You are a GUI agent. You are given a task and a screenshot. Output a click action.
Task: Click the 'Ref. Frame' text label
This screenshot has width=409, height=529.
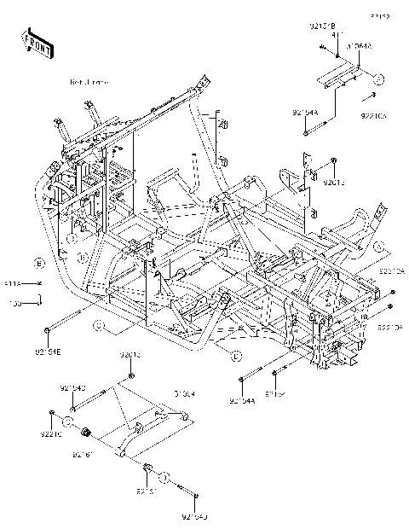point(89,82)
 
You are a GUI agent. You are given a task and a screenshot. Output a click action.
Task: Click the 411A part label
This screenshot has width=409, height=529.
point(14,282)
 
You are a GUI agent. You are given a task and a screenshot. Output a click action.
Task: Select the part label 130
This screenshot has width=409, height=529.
point(14,302)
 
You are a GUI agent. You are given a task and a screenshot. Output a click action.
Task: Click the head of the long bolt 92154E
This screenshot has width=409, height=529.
point(44,328)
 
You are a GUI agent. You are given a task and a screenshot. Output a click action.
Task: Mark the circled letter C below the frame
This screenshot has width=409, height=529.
point(98,324)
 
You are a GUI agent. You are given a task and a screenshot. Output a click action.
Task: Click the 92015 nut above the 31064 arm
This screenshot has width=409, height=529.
point(130,375)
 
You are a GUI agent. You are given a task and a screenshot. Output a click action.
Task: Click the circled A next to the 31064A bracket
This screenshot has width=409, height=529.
point(380,78)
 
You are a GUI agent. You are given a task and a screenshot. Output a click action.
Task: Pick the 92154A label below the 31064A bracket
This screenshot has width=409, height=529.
point(304,113)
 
